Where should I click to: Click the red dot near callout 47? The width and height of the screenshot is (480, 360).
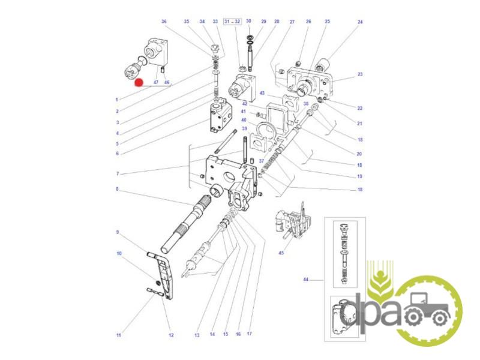[x=139, y=83]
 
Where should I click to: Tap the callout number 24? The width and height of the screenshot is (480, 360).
[x=360, y=22]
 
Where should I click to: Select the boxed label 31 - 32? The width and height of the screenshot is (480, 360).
[x=232, y=22]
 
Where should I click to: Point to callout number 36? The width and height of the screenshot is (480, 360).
[x=164, y=22]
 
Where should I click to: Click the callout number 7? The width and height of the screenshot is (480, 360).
[x=118, y=174]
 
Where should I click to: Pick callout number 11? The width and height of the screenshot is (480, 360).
[x=119, y=335]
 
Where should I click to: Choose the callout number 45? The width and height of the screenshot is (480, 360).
[x=281, y=253]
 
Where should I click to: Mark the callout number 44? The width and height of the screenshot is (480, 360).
[x=306, y=280]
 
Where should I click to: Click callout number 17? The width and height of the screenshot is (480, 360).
[x=249, y=334]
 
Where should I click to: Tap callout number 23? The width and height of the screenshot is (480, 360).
[x=360, y=74]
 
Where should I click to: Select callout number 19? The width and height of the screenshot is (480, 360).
[x=359, y=176]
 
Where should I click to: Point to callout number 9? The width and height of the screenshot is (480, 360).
[x=117, y=232]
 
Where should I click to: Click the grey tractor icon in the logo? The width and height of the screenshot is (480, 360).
[x=427, y=309]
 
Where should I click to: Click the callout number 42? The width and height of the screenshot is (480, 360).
[x=244, y=104]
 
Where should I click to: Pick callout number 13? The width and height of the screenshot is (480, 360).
[x=197, y=335]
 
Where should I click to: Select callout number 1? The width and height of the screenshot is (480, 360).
[x=116, y=100]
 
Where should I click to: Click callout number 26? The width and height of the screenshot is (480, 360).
[x=308, y=22]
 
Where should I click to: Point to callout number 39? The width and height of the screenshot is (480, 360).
[x=244, y=128]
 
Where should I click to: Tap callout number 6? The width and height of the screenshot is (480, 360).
[x=117, y=154]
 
